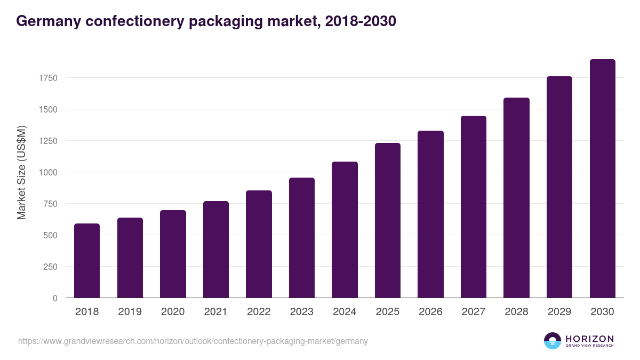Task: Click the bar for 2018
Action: (x=87, y=261)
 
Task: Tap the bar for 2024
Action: (x=345, y=230)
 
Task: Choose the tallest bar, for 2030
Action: (x=602, y=179)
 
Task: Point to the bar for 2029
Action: (x=559, y=187)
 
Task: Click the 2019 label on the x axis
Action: (x=130, y=312)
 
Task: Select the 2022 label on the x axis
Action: (x=259, y=312)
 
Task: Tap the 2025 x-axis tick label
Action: (x=388, y=312)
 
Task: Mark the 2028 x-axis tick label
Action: (x=516, y=312)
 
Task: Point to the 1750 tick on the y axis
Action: (x=47, y=78)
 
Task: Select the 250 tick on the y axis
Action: (x=50, y=267)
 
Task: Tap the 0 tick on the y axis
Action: (x=55, y=298)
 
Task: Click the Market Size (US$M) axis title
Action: (x=21, y=172)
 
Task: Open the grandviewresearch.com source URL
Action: (x=193, y=341)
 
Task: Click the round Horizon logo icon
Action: (x=553, y=341)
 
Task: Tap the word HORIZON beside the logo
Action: (x=589, y=338)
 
